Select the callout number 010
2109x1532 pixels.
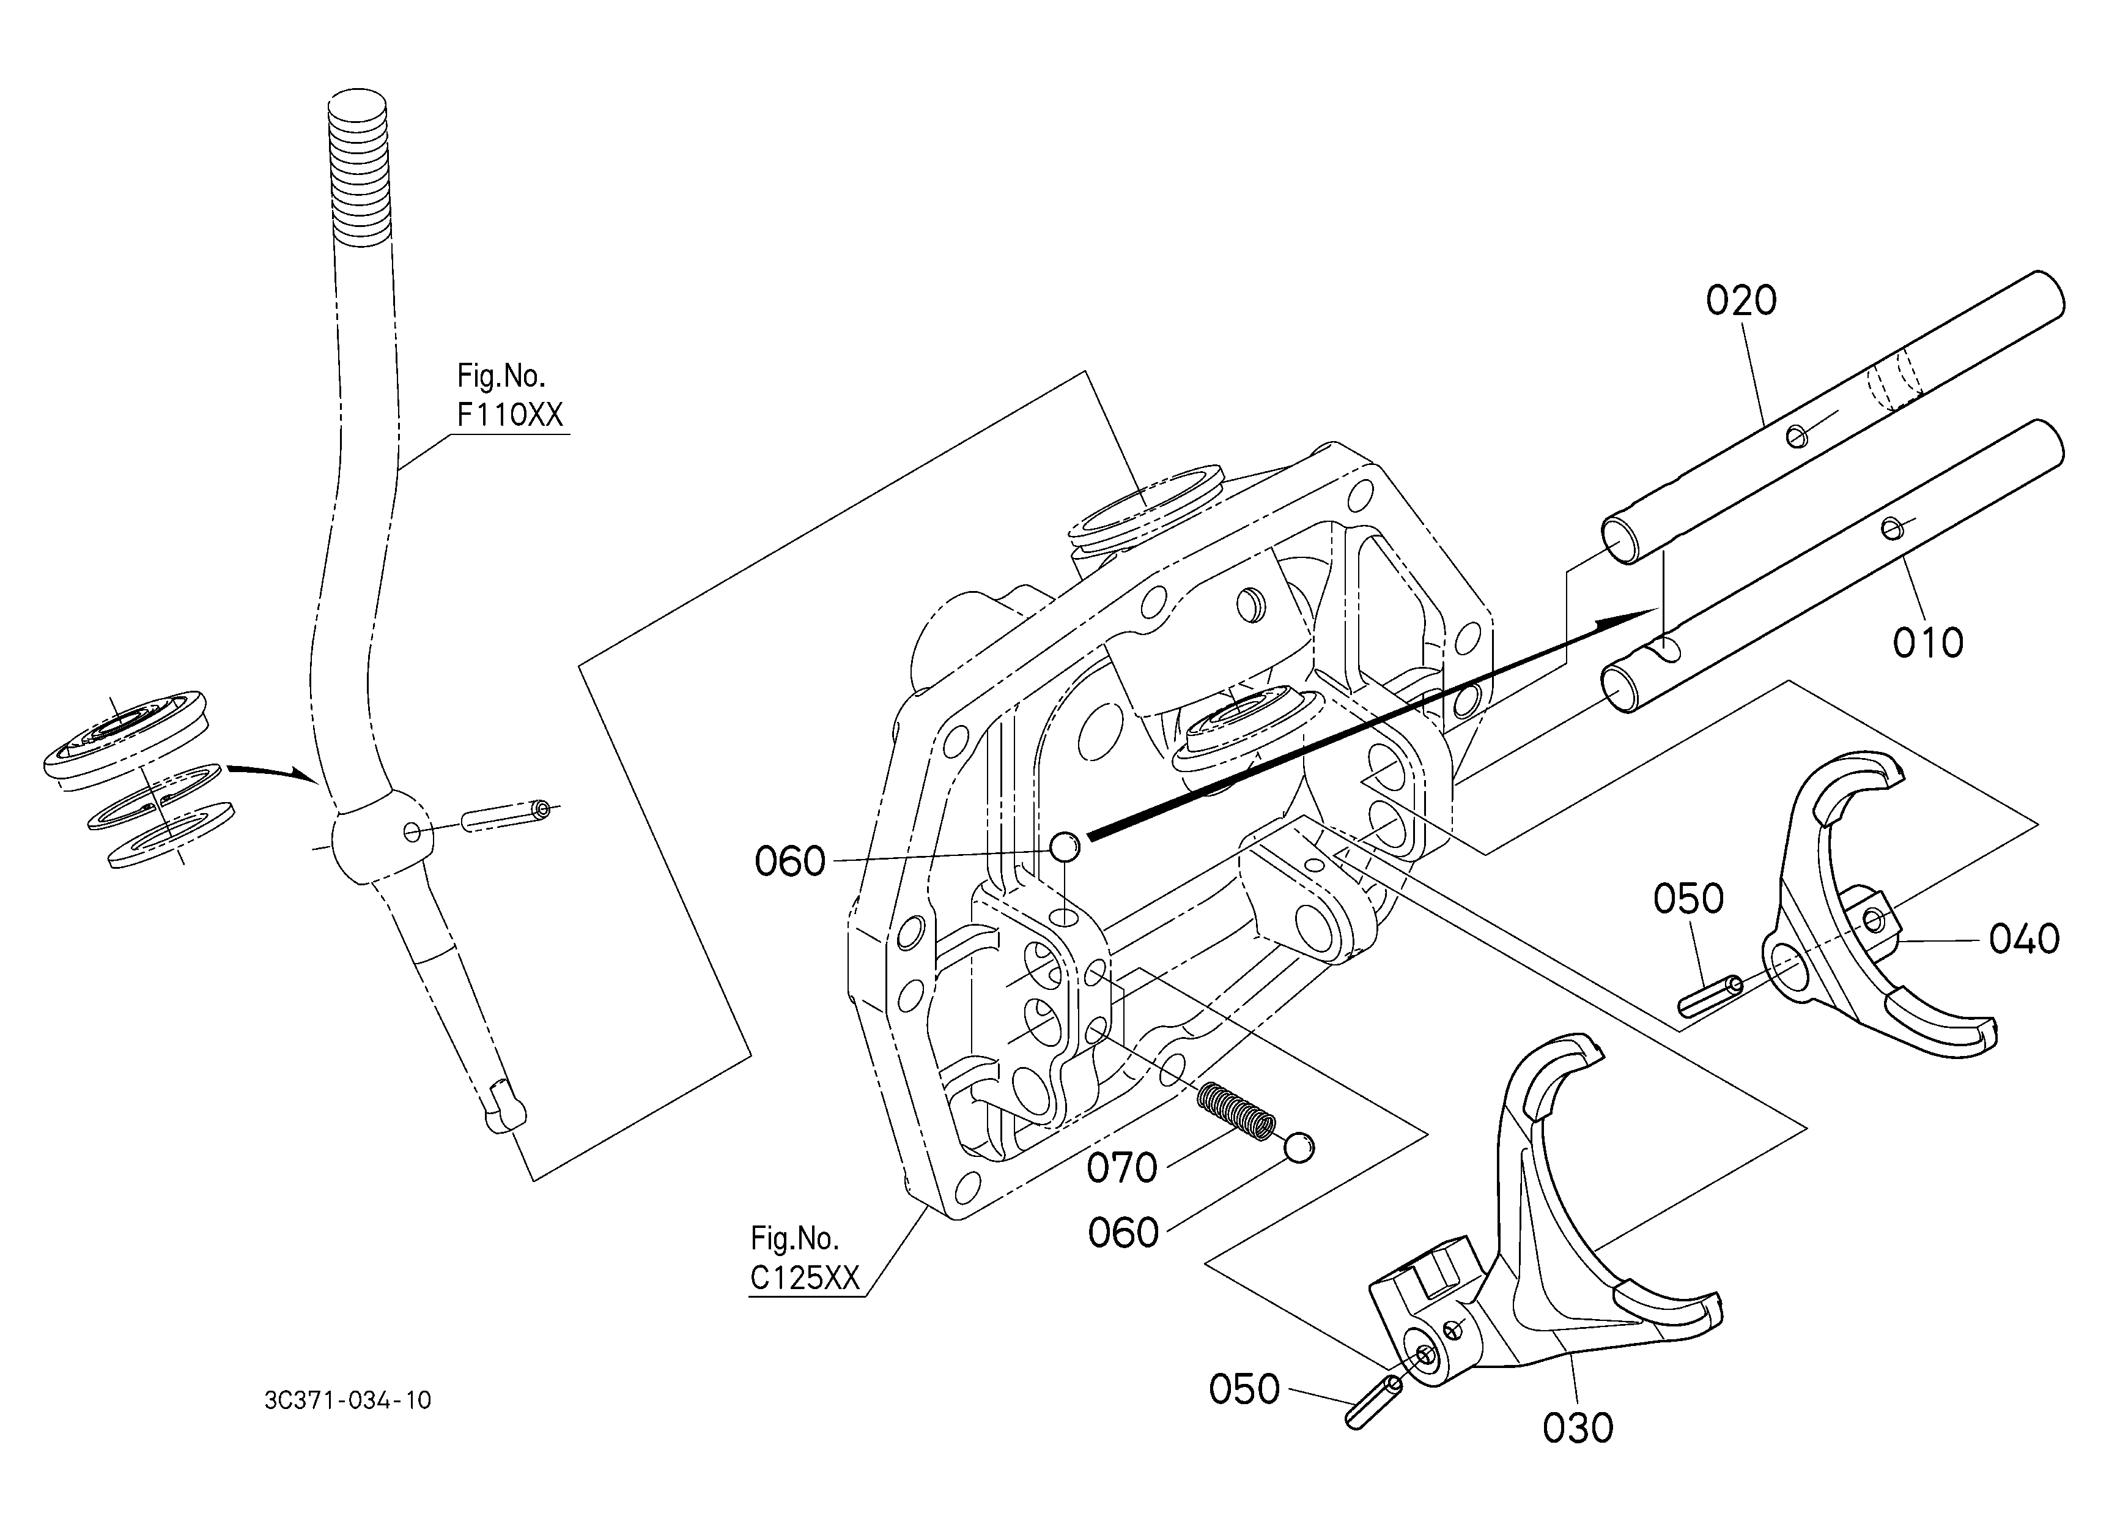click(1927, 643)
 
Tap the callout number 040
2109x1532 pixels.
click(2025, 940)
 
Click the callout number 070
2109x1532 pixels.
click(1123, 1169)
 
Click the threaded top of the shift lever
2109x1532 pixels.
click(358, 168)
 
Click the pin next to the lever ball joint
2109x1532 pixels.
click(506, 816)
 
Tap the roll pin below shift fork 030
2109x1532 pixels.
click(1373, 1401)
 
